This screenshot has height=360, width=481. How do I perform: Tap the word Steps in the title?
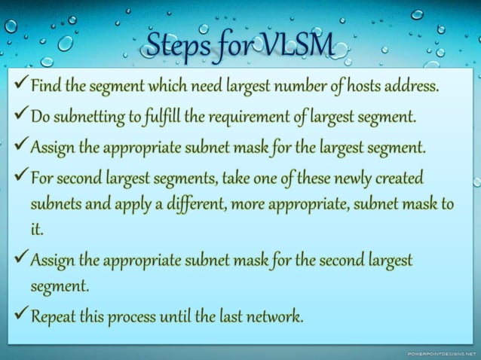tap(176, 45)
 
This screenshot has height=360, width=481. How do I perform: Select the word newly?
tap(352, 178)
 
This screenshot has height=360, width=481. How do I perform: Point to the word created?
tap(400, 178)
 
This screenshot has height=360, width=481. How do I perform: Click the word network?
tap(274, 316)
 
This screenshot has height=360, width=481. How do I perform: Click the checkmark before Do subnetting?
tap(20, 116)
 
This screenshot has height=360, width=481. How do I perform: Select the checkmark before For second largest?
tap(20, 178)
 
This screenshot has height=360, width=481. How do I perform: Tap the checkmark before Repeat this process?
tap(20, 315)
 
